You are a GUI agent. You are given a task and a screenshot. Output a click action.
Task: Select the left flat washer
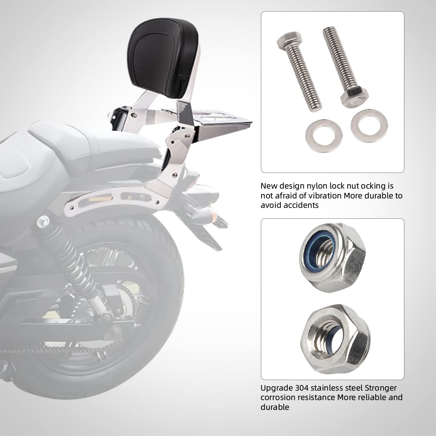point(324,136)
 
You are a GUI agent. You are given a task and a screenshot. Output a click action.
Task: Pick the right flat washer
point(369,126)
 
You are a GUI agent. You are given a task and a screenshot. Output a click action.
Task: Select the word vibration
point(324,195)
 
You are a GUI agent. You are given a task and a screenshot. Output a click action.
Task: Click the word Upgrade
point(277,388)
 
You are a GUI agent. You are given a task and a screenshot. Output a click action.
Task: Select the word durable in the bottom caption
point(275,407)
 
